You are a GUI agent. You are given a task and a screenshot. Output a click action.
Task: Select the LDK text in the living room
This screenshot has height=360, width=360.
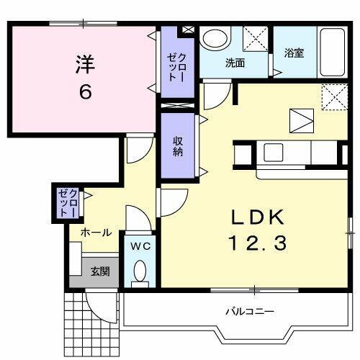(x=258, y=218)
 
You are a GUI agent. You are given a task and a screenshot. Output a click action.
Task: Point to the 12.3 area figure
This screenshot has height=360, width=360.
(x=258, y=244)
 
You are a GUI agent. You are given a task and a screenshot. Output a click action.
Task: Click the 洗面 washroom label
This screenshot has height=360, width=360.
(x=235, y=63)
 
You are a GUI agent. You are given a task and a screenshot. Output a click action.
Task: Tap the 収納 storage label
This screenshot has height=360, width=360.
(x=178, y=146)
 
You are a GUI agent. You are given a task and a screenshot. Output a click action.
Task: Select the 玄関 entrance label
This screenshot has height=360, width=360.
(x=99, y=271)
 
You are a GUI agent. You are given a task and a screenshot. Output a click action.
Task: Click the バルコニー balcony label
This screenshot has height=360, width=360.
(x=246, y=312)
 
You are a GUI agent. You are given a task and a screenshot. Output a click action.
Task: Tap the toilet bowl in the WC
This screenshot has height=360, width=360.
(x=140, y=271)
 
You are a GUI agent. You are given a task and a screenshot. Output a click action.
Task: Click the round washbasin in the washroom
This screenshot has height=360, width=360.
(x=214, y=40)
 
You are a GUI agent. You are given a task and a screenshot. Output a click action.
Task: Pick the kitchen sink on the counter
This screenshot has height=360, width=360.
(x=274, y=153)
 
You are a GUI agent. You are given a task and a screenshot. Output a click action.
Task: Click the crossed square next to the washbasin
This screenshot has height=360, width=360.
(x=254, y=37)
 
